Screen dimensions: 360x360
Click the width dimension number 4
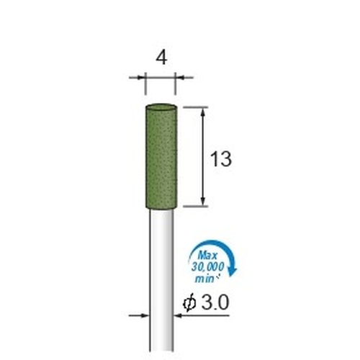(161, 58)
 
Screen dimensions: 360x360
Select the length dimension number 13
(221, 159)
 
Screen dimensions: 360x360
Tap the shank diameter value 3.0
(214, 302)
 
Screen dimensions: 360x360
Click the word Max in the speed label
(208, 256)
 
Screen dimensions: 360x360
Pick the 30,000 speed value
(207, 267)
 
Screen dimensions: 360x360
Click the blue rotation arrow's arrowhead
(233, 272)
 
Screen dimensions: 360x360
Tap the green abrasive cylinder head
(161, 156)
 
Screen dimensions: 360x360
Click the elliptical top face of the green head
(161, 107)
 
